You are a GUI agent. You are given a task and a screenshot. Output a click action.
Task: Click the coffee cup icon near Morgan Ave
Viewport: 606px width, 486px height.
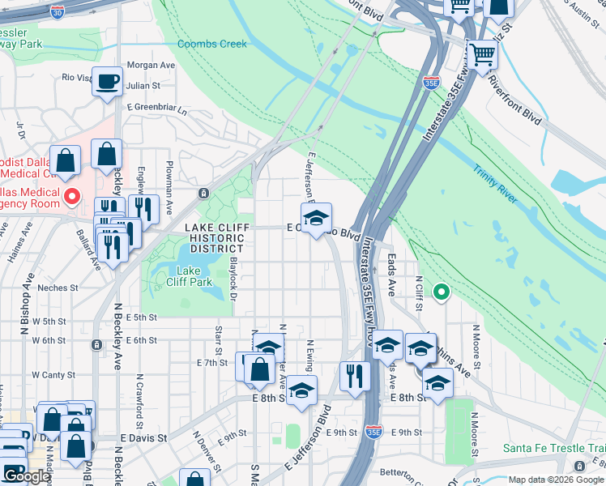pyautogui.click(x=107, y=82)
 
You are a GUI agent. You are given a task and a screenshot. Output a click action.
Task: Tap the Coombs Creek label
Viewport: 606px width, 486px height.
pyautogui.click(x=211, y=44)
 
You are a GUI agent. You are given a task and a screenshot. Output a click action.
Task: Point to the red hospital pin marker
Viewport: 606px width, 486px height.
pyautogui.click(x=71, y=195)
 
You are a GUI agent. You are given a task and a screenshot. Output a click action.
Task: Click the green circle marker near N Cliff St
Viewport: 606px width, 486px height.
pyautogui.click(x=442, y=290)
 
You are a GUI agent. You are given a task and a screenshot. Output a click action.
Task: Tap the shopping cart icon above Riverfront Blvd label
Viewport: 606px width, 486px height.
pyautogui.click(x=483, y=56)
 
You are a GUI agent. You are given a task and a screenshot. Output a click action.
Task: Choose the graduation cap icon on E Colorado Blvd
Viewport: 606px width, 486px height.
pyautogui.click(x=316, y=216)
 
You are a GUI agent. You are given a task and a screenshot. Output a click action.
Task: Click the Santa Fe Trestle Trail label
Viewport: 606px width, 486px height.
pyautogui.click(x=553, y=448)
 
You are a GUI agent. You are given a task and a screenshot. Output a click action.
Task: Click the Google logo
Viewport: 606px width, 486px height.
pyautogui.click(x=27, y=476)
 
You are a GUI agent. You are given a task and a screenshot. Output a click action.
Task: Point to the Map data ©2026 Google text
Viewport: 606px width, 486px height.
pyautogui.click(x=556, y=480)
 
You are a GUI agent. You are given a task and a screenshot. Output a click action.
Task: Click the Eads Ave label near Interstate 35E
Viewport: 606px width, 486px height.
pyautogui.click(x=391, y=275)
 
